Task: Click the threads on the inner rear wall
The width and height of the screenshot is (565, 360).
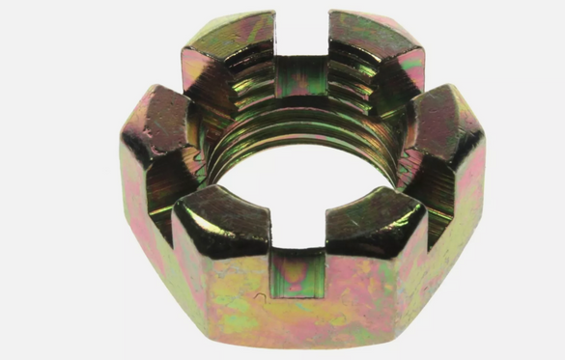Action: point(301,97)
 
